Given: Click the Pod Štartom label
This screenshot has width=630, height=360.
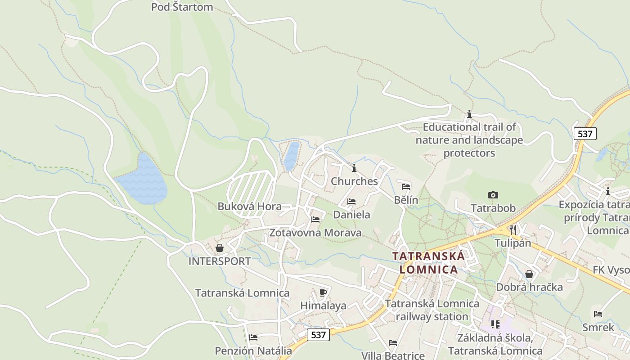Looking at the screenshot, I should (182, 7).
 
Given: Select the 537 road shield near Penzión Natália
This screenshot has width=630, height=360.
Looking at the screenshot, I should (318, 335).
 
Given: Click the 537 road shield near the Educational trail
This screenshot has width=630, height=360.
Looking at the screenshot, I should (585, 134).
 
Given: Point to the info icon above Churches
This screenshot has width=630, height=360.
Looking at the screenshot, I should (354, 168).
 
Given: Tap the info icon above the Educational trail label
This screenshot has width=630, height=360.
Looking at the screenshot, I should (469, 114).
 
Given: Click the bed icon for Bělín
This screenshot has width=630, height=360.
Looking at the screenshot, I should (406, 187).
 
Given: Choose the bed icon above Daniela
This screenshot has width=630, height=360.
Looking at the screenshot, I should (351, 202).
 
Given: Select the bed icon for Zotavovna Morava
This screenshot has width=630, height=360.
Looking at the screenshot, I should (315, 220).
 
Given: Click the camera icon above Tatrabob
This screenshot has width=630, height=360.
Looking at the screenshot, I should (493, 195).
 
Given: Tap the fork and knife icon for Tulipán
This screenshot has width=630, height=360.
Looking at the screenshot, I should (513, 229).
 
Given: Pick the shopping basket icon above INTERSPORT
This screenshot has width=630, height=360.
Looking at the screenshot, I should (219, 248).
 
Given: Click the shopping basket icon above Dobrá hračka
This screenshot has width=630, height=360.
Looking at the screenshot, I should (529, 274).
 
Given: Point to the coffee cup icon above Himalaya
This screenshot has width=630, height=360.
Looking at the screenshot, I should (323, 292).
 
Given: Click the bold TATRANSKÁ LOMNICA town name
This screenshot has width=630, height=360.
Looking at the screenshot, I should (428, 263).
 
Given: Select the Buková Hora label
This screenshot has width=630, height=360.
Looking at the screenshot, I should (249, 207).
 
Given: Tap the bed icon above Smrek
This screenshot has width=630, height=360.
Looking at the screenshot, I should (598, 314).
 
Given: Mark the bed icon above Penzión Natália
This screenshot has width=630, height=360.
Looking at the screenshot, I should (253, 337).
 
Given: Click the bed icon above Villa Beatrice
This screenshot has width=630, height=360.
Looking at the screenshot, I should (393, 343).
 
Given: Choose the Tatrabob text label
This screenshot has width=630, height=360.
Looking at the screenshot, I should (493, 208).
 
